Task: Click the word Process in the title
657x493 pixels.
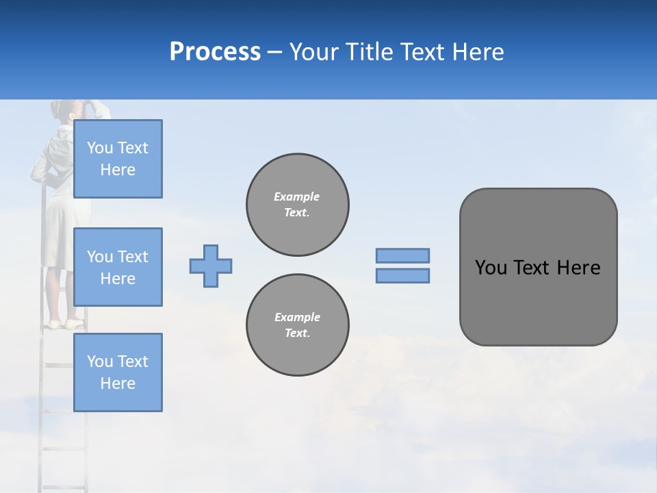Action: (215, 52)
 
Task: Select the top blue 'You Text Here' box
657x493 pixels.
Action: (118, 159)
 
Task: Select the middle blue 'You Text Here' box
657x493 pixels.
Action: (118, 267)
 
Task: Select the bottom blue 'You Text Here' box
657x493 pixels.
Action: (118, 372)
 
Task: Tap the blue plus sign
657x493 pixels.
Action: (211, 266)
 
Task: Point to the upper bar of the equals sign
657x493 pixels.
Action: (402, 255)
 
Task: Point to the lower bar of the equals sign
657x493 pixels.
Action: (402, 275)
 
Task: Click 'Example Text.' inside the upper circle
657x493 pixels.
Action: (297, 204)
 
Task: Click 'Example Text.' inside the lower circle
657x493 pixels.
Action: (297, 325)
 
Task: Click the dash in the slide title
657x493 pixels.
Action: (275, 53)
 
